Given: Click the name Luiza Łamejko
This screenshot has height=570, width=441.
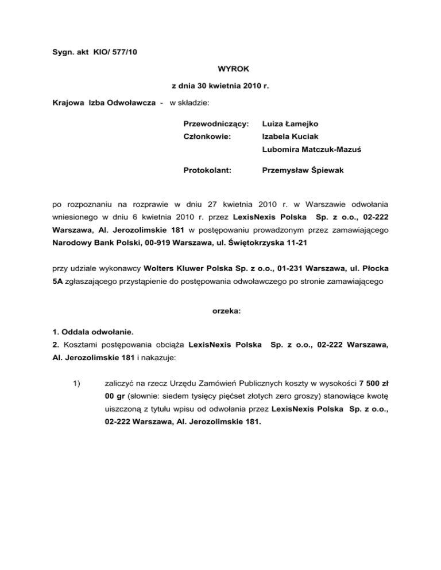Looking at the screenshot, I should [291, 123].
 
